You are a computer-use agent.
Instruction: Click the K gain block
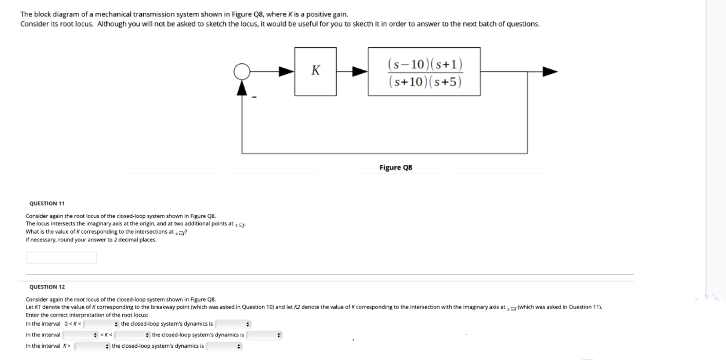pos(315,71)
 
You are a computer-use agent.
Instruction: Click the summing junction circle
pos(242,72)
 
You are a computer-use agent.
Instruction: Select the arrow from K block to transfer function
pos(358,72)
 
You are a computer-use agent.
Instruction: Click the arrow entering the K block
pos(285,72)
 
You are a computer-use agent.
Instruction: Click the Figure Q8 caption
pos(395,167)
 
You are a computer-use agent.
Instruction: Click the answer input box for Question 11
pos(61,257)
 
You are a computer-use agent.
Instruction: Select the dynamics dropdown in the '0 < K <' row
pos(233,324)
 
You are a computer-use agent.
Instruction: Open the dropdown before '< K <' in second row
pos(80,335)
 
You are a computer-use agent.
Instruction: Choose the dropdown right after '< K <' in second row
pos(132,335)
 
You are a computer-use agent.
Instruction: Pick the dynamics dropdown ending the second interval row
pos(264,335)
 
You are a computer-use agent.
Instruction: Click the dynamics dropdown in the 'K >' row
pos(224,346)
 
